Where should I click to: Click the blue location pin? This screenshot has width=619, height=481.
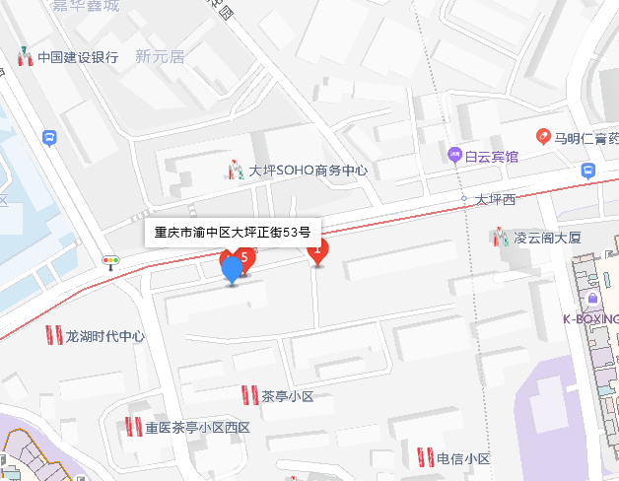point(232,268)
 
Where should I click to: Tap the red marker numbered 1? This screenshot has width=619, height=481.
point(317,252)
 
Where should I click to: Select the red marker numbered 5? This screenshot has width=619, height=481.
point(244,259)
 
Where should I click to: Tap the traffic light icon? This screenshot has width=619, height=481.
point(111,262)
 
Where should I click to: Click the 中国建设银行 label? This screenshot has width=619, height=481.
point(78,57)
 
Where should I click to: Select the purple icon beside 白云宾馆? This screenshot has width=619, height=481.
point(454,155)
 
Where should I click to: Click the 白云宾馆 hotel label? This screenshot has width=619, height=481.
point(492,156)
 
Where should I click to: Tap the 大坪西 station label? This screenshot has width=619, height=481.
point(495,199)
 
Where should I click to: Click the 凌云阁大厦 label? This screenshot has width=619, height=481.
point(548,238)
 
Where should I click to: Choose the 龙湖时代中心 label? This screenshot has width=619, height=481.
point(104,336)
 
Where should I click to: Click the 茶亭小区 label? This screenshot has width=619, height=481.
point(287,396)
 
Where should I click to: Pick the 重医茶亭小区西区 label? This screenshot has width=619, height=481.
point(198,428)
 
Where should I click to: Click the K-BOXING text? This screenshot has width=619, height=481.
point(590,318)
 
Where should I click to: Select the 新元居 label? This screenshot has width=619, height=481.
point(161,57)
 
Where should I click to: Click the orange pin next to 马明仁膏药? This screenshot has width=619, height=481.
point(542,136)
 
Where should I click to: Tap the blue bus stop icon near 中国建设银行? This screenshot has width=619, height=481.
point(49,139)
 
